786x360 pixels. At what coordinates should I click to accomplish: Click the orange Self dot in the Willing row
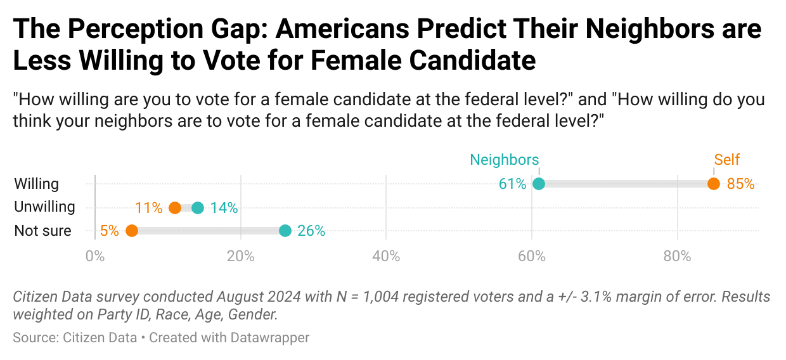[x=714, y=184]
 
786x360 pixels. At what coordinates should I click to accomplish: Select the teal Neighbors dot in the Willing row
[x=539, y=184]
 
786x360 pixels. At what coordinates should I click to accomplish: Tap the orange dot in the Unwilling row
[x=175, y=208]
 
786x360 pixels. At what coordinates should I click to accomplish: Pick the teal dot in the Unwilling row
[x=198, y=208]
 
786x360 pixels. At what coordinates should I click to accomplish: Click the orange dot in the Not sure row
[x=132, y=231]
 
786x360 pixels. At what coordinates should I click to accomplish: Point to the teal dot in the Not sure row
[x=285, y=231]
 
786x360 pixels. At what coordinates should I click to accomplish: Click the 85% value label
[x=740, y=184]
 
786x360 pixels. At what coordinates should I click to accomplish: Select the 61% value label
[x=512, y=184]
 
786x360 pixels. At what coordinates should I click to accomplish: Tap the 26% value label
[x=311, y=231]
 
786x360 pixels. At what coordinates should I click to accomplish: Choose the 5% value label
[x=109, y=231]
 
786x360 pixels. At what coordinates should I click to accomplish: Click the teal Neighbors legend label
[x=504, y=160]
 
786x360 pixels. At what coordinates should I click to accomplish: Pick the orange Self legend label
[x=727, y=160]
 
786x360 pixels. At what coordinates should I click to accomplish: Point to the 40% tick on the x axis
[x=386, y=257]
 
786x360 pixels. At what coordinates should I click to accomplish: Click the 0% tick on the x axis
[x=95, y=257]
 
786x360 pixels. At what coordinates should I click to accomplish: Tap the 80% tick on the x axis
[x=678, y=257]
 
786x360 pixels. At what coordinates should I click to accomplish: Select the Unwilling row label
[x=44, y=207]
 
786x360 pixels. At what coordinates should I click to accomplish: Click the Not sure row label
[x=42, y=231]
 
